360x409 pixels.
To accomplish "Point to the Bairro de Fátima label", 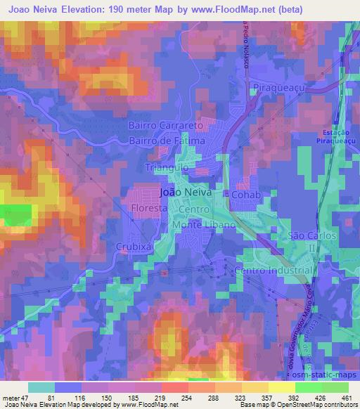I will click(167, 141).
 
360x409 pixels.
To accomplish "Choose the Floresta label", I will click(147, 209).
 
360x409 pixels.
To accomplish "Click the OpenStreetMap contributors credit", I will click(317, 405).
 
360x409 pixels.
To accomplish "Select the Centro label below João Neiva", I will click(192, 209).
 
